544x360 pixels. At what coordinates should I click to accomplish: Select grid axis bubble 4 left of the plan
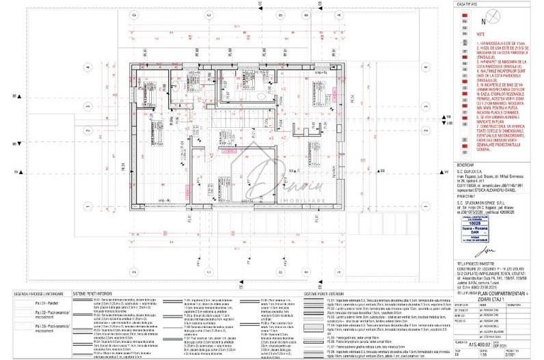89,68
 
